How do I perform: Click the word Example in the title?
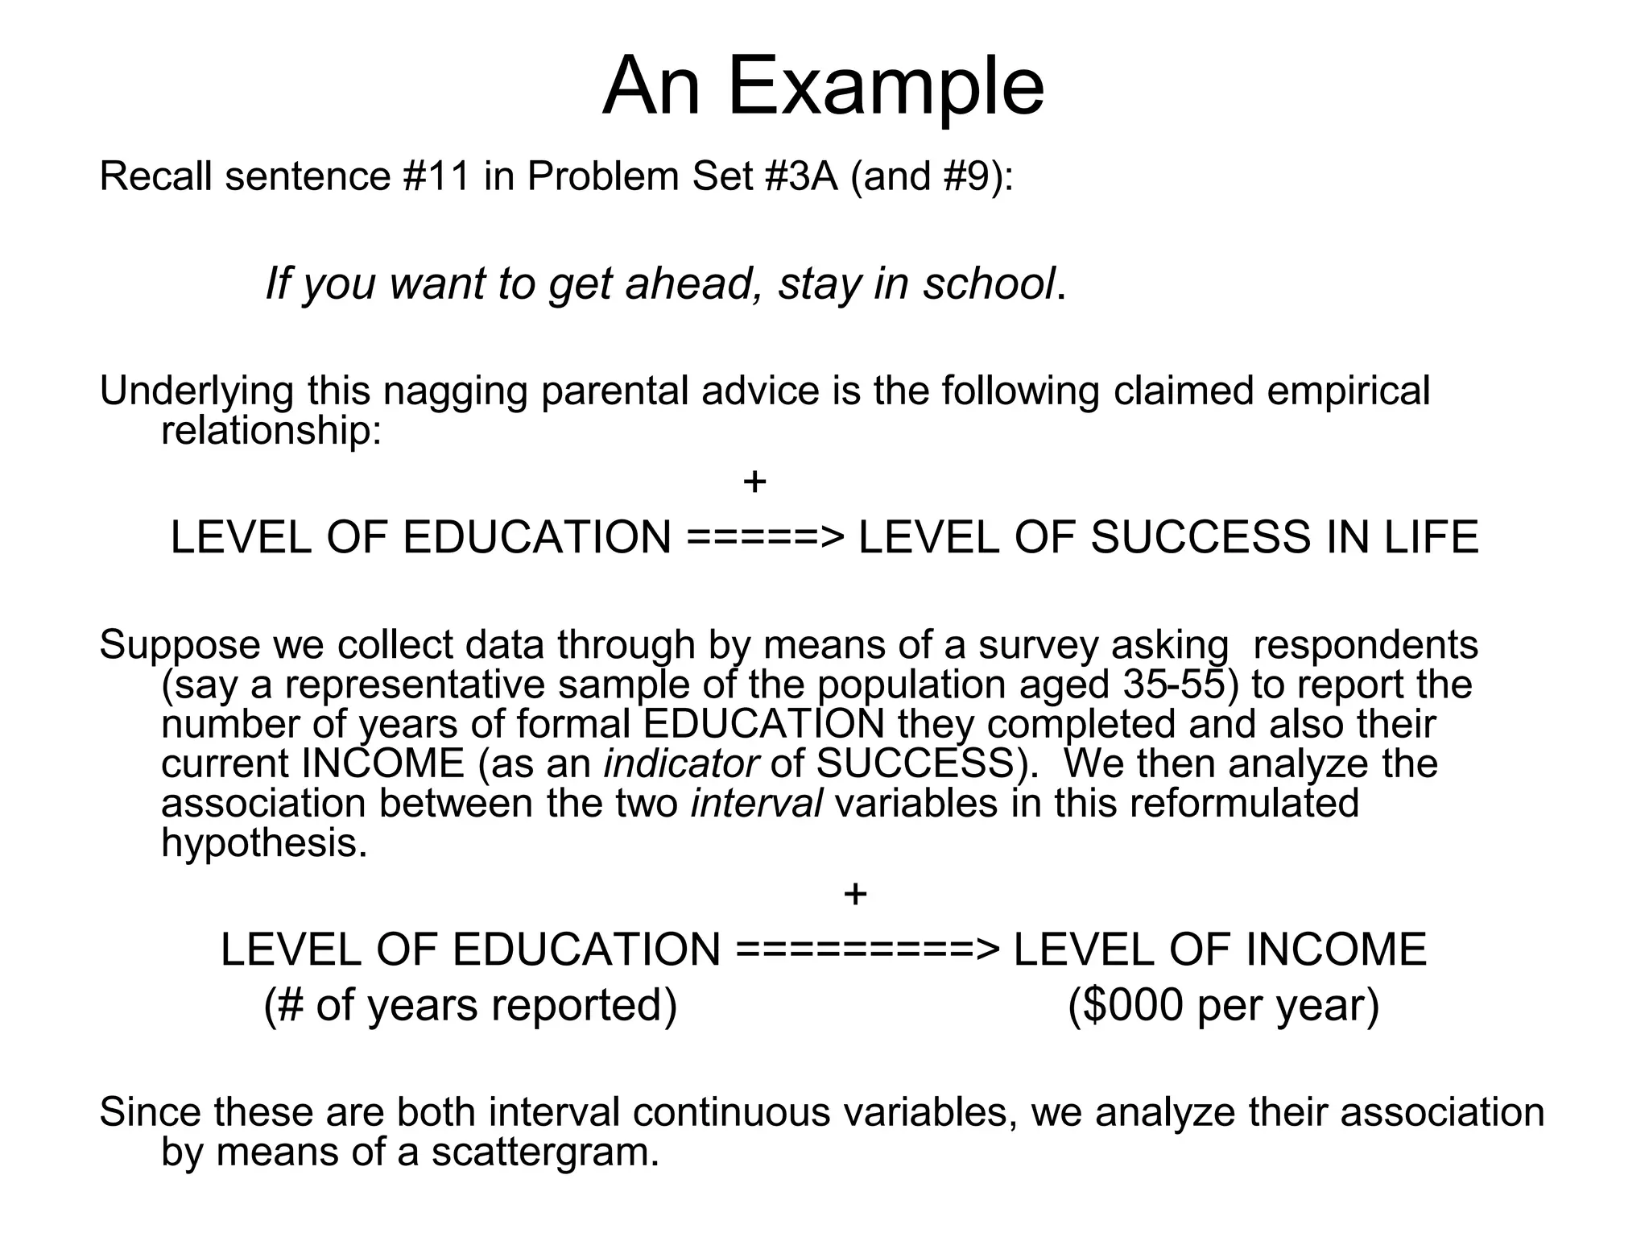point(886,87)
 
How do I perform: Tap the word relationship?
point(271,431)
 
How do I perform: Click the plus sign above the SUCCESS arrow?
point(754,482)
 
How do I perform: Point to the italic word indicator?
point(680,763)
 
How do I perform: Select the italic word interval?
point(756,803)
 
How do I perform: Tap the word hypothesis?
point(264,842)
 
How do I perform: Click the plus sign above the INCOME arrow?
point(855,894)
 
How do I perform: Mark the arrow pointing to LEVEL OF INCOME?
point(867,950)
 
